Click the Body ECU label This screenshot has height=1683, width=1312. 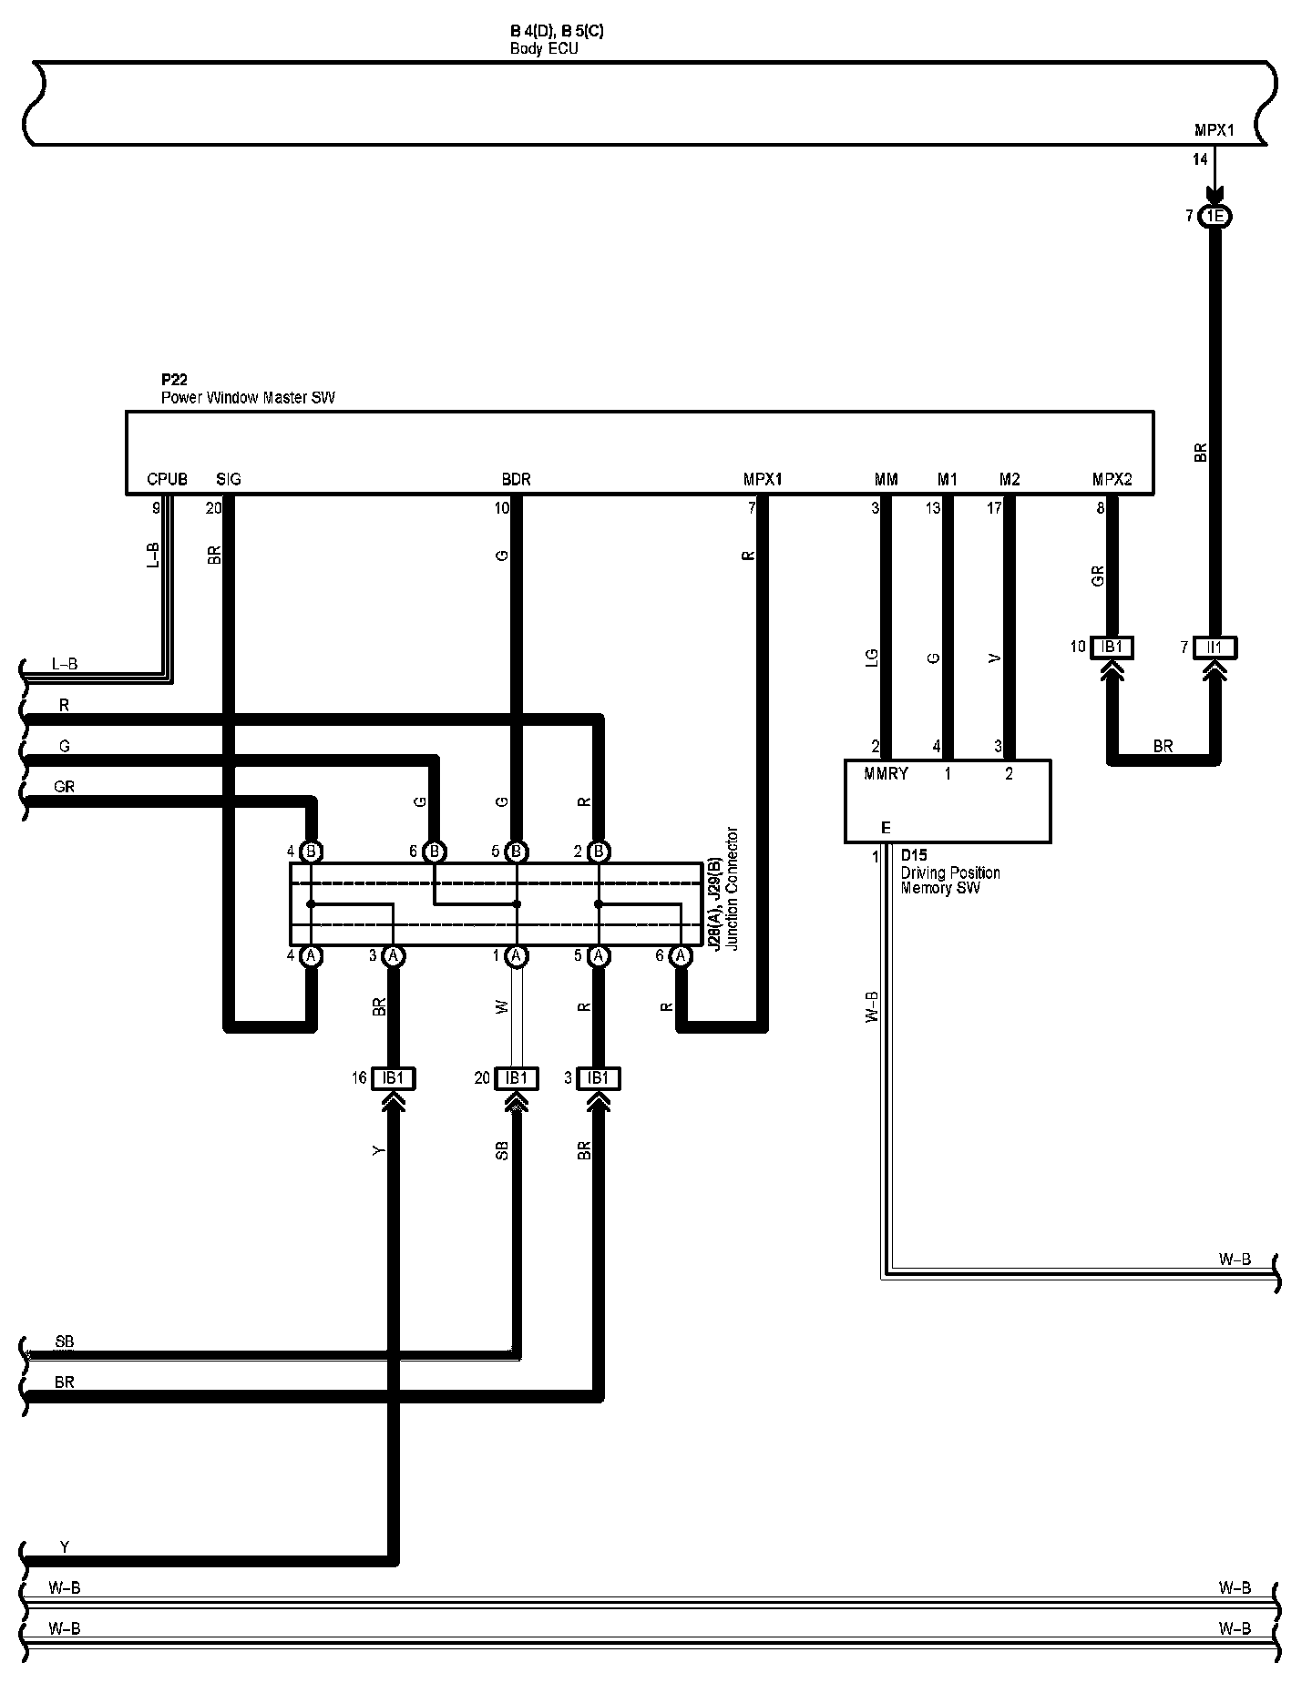(544, 48)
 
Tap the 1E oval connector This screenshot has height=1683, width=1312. (1215, 217)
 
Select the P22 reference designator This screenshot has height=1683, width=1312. (174, 381)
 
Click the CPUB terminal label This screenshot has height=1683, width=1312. (167, 479)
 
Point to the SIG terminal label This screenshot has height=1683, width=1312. (229, 479)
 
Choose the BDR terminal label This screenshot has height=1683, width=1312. (516, 479)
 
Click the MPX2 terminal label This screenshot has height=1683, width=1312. (1112, 479)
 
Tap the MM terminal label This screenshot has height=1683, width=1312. (886, 479)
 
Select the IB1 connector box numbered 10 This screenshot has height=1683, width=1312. (1112, 648)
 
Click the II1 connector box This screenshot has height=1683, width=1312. (1215, 648)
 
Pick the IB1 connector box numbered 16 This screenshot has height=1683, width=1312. (393, 1078)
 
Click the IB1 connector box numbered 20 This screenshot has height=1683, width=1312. (517, 1078)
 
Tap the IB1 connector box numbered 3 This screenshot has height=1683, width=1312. (598, 1078)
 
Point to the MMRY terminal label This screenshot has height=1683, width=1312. (886, 774)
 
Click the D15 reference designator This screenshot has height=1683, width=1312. (914, 856)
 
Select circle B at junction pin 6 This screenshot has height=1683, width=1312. (435, 852)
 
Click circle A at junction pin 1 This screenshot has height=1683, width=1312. (517, 956)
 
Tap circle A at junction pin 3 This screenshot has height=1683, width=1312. (393, 956)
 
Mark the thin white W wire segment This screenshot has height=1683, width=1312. (517, 1011)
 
